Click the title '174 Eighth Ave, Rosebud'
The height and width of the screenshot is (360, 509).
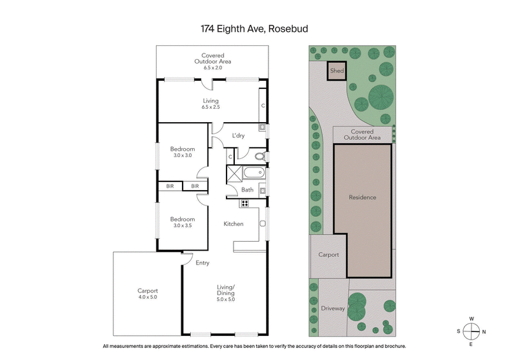click(x=254, y=29)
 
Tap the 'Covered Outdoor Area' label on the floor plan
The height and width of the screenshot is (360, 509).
click(x=212, y=59)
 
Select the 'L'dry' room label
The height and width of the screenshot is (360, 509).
click(x=239, y=135)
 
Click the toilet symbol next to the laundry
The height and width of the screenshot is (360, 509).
click(x=258, y=155)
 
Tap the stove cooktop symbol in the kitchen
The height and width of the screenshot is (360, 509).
click(x=244, y=204)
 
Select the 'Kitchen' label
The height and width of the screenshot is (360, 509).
click(x=234, y=224)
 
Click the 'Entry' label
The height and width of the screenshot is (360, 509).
click(x=202, y=263)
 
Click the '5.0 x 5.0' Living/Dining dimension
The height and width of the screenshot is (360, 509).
click(x=225, y=299)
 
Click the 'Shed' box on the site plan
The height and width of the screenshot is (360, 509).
click(x=337, y=71)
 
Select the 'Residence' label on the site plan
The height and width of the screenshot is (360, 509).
click(x=362, y=197)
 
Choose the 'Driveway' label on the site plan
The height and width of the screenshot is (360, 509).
click(x=333, y=308)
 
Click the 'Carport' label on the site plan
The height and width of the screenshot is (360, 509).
click(x=328, y=254)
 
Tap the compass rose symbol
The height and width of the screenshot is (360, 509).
click(x=471, y=331)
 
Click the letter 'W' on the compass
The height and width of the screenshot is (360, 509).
click(x=471, y=319)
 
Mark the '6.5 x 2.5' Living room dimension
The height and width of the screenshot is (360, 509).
click(x=211, y=107)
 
